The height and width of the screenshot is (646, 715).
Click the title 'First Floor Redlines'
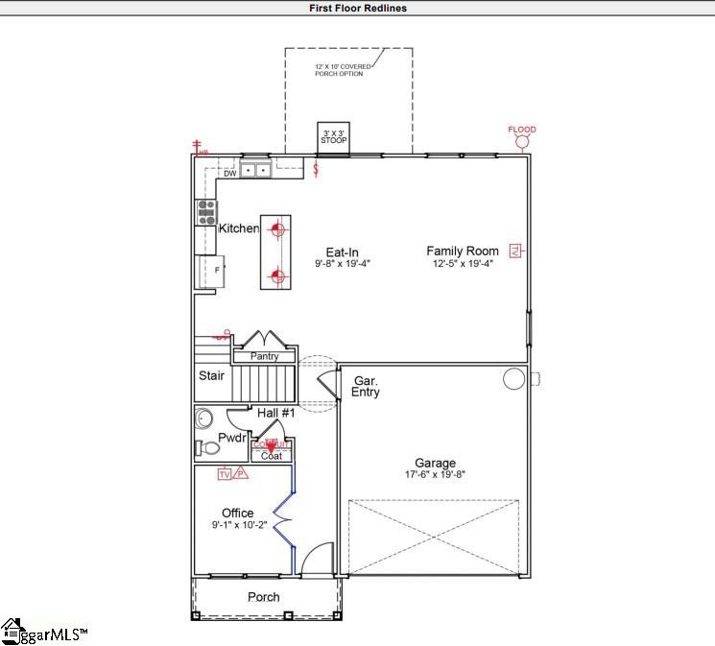[x=357, y=8]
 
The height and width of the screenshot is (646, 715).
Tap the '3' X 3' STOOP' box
[x=334, y=137]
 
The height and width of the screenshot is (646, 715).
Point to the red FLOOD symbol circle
[x=522, y=143]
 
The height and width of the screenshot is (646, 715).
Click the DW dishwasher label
[x=229, y=174]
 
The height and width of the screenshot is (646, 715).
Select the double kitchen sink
[x=254, y=171]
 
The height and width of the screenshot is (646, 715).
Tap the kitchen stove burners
[x=205, y=212]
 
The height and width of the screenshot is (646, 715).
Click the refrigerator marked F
[x=207, y=271]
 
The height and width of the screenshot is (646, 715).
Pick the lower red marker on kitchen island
[x=277, y=277]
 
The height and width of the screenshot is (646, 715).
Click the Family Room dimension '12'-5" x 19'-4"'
[x=463, y=263]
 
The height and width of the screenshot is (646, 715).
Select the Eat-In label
[x=342, y=252]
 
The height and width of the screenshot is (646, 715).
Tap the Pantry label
[x=264, y=356]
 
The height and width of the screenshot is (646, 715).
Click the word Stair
[x=211, y=375]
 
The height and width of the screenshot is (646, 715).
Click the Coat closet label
[x=271, y=456]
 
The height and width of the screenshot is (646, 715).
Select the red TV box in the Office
[x=225, y=474]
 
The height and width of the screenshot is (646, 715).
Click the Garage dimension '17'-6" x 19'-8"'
[x=434, y=474]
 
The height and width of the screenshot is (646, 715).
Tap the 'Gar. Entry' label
[x=367, y=386]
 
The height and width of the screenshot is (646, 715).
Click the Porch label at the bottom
[x=264, y=597]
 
